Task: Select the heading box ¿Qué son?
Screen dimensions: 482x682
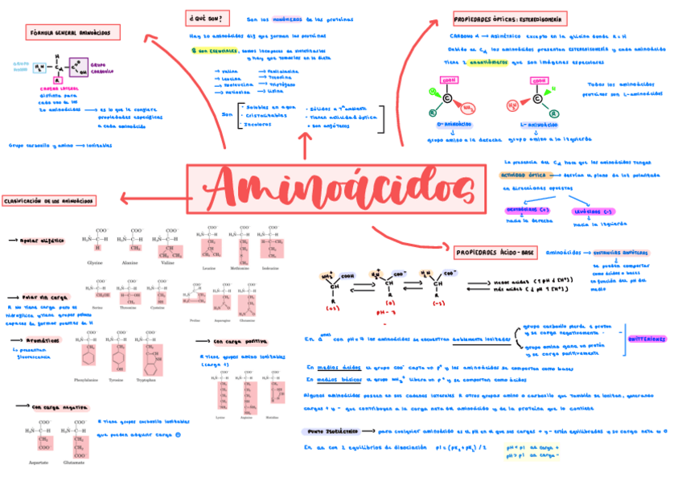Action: pos(207,18)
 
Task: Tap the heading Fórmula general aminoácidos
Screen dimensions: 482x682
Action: pos(73,33)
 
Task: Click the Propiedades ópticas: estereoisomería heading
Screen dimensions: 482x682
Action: pos(510,18)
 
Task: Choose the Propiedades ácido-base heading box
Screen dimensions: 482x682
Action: pos(495,253)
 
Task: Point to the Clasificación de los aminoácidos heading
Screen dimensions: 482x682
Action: pos(49,200)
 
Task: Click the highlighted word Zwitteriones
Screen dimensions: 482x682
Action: pos(647,339)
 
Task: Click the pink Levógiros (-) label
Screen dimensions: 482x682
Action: pos(591,212)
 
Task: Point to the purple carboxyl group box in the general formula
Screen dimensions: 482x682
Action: pos(79,68)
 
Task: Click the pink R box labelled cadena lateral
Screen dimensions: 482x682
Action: pos(57,80)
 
